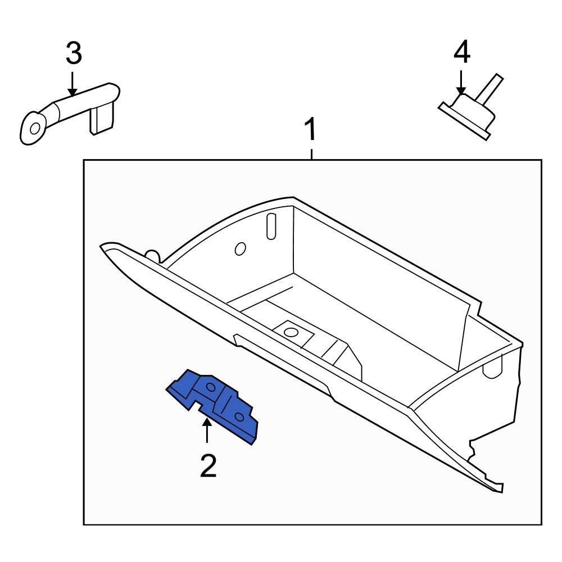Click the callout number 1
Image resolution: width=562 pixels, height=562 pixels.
coord(310,130)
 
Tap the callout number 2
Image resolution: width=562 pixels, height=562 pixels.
coord(208,466)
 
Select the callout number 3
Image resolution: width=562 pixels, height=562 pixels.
coord(74,53)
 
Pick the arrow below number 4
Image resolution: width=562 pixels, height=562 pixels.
coord(461,83)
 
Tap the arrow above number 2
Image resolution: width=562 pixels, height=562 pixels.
coord(207,432)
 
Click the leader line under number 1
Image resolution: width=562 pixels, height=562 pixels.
coord(311,153)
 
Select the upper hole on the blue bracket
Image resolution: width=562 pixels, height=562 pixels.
coord(211,387)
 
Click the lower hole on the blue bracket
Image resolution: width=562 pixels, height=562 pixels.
coord(239,416)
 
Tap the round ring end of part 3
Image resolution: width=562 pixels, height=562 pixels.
coord(33,128)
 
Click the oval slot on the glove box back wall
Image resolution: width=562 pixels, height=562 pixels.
coord(271,226)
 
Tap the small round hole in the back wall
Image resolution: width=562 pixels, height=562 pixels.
coord(239,248)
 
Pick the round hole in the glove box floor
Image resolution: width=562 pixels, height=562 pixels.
coord(291,332)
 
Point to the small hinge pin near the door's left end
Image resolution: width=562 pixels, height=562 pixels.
coord(151,255)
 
